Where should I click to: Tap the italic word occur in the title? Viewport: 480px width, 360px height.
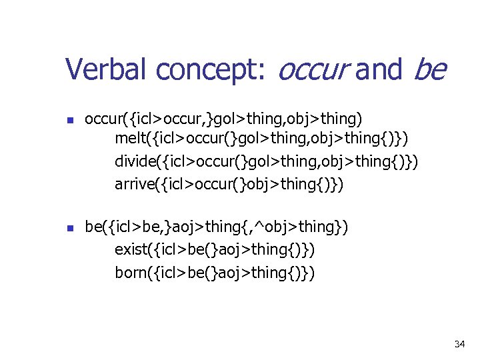[312, 69]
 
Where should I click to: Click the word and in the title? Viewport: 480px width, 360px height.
[379, 69]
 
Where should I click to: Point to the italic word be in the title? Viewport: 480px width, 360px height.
[430, 69]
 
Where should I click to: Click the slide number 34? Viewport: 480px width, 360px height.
[459, 344]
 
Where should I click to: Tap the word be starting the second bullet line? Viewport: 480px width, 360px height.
[94, 227]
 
